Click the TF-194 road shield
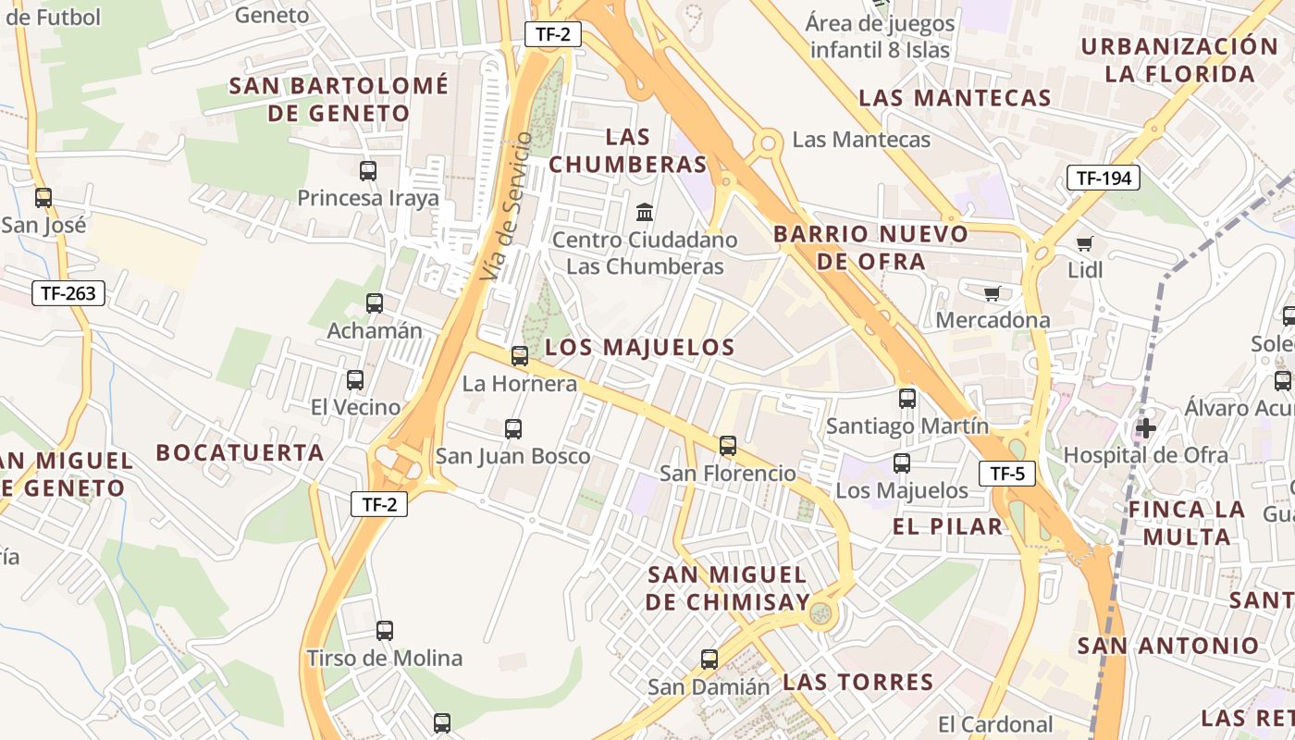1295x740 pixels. click(x=1103, y=179)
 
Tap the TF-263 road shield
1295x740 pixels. click(x=68, y=294)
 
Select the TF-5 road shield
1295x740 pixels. click(x=1007, y=475)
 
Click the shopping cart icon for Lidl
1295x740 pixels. click(x=1084, y=243)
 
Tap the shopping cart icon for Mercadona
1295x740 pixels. click(x=993, y=293)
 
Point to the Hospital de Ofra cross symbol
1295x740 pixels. click(x=1146, y=427)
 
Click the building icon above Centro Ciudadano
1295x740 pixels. click(x=645, y=212)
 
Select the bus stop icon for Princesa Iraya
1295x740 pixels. click(x=368, y=170)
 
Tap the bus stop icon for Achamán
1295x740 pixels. click(x=375, y=302)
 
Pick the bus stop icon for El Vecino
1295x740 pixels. click(x=355, y=379)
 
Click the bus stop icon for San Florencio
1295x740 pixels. click(x=728, y=446)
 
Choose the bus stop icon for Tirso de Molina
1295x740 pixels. click(x=385, y=631)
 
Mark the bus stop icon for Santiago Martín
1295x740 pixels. click(x=907, y=398)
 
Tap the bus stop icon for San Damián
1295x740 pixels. click(x=709, y=660)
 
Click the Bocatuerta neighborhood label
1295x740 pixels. click(x=240, y=452)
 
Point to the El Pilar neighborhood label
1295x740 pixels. click(x=947, y=526)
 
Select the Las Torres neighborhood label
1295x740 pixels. click(x=857, y=683)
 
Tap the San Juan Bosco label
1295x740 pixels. click(x=512, y=456)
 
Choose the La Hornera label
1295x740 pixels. click(x=519, y=383)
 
